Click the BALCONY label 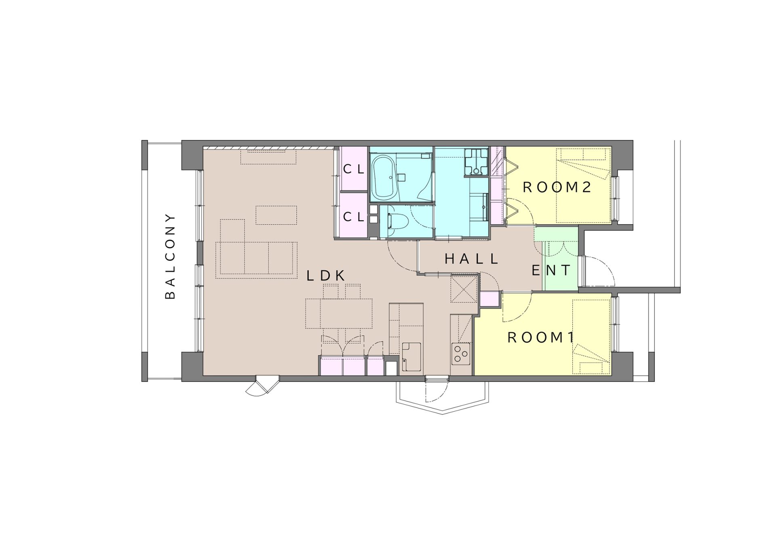[171, 256]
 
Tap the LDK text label [326, 276]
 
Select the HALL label [471, 259]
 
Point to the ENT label [551, 270]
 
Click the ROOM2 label [557, 187]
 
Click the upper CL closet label [354, 169]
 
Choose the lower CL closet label [354, 217]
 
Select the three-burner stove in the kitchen [461, 354]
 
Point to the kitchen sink [411, 357]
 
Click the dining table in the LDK [339, 313]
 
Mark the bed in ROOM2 [583, 185]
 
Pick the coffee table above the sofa [276, 215]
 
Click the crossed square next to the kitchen [464, 289]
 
